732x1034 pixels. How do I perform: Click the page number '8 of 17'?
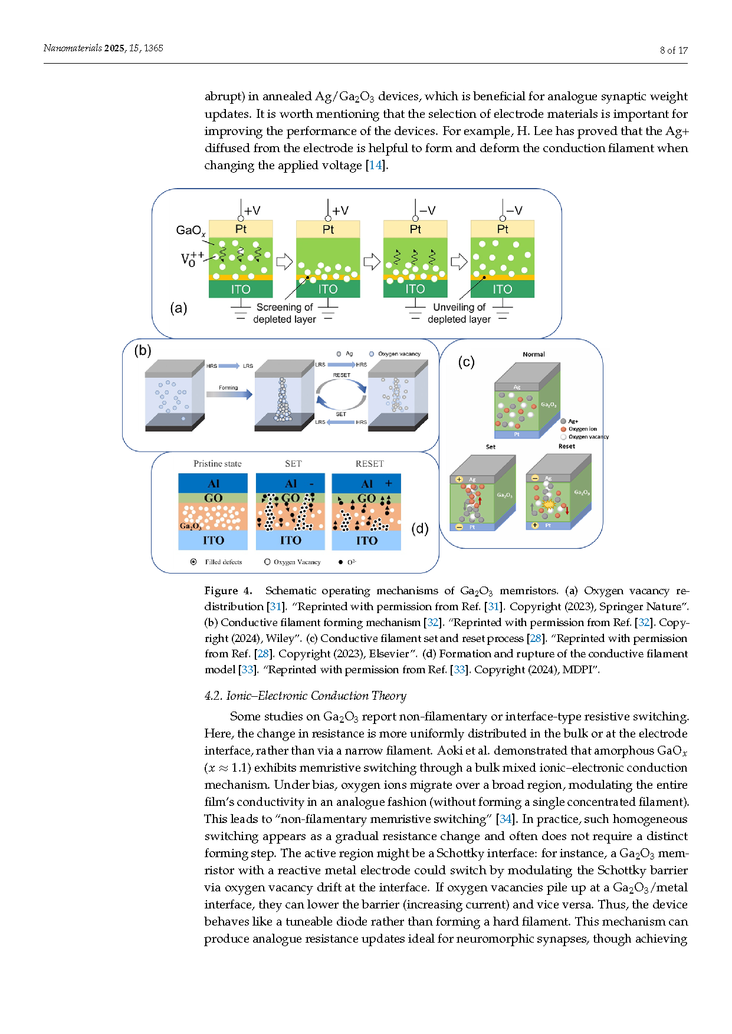point(673,50)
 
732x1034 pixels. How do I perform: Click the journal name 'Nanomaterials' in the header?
point(72,48)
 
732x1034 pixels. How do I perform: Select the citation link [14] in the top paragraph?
point(375,165)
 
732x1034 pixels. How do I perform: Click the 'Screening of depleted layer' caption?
point(284,313)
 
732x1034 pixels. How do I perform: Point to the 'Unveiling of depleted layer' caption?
point(459,313)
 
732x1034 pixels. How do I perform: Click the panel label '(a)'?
point(178,308)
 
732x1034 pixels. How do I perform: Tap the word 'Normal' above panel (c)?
point(533,354)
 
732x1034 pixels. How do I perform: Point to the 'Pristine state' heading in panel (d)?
point(217,464)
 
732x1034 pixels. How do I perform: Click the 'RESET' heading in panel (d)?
point(369,464)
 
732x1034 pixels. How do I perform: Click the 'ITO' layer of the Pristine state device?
point(213,540)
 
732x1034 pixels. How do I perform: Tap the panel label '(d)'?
point(419,528)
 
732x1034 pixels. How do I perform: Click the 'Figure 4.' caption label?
point(228,591)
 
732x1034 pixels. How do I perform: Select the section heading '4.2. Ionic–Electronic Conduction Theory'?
point(305,696)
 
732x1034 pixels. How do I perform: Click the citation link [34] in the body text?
point(505,819)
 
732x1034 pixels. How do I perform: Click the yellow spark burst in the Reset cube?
point(549,505)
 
